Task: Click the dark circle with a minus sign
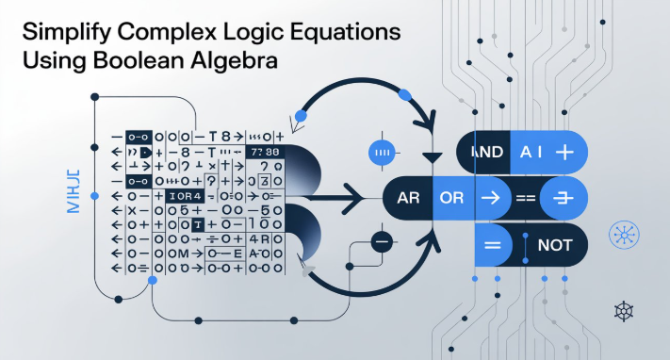click(x=382, y=240)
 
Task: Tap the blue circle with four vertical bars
click(x=382, y=151)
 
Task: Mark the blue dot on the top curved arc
click(x=405, y=93)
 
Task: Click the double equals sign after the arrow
click(x=524, y=199)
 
